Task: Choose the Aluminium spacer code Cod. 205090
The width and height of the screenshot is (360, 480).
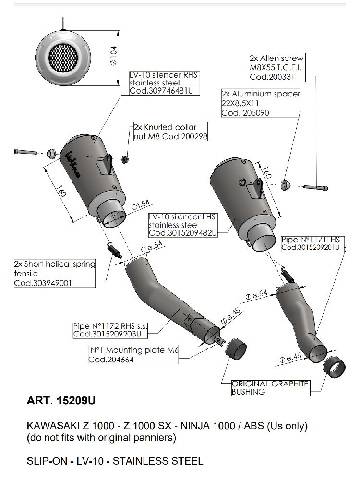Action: (245, 113)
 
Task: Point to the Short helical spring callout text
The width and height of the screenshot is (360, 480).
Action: (55, 268)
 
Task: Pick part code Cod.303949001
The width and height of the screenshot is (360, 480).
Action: (43, 283)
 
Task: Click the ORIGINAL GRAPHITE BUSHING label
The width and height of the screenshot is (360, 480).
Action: (269, 387)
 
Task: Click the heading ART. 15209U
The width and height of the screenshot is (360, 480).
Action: (65, 400)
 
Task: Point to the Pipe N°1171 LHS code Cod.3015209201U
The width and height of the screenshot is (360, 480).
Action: (311, 247)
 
